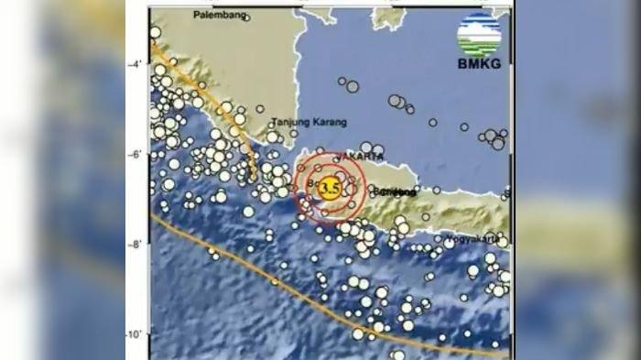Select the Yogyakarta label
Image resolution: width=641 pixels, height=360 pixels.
473,239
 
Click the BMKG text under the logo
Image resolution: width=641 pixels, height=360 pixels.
479,63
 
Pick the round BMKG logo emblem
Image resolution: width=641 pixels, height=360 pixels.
480,34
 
